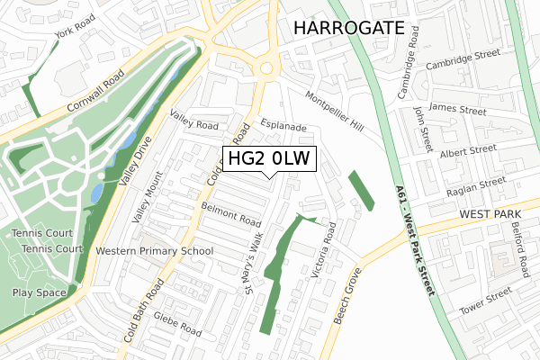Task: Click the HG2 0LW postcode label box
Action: [269, 159]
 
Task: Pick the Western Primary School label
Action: [155, 250]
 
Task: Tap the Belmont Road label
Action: [231, 218]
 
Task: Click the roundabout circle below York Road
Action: [267, 68]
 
